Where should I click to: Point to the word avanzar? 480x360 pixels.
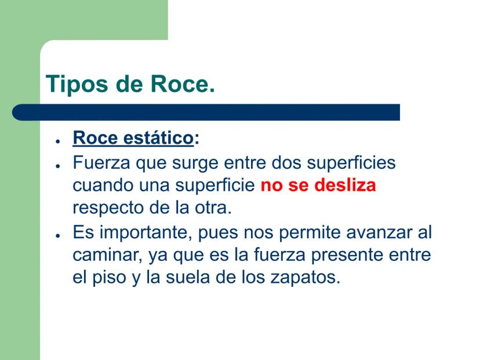tap(379, 233)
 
